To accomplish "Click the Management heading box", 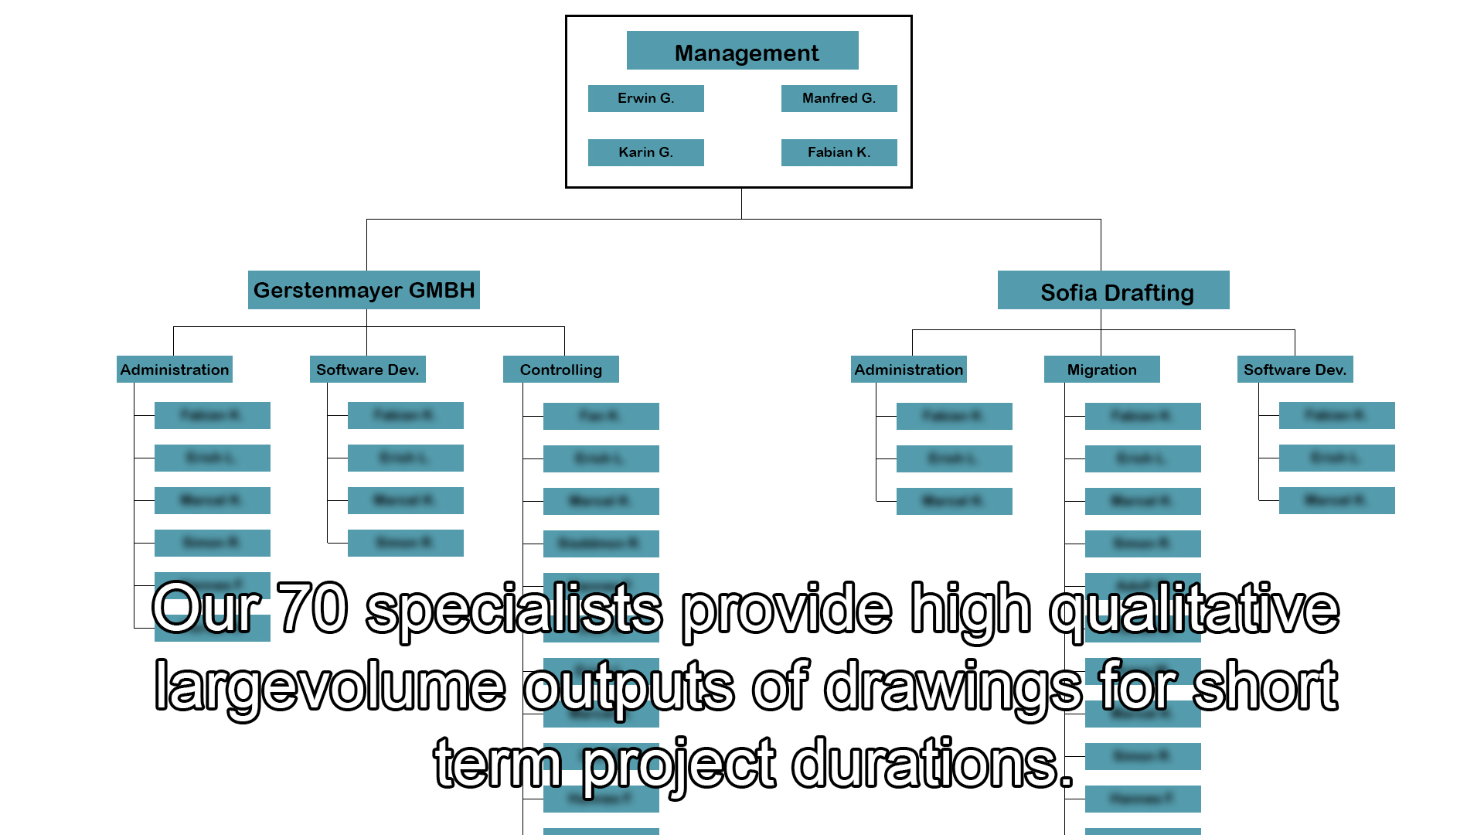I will click(x=742, y=51).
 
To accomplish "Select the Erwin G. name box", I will click(x=645, y=98).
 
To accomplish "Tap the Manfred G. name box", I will click(x=839, y=98).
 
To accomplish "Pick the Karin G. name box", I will click(x=645, y=152).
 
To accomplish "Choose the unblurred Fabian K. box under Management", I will click(x=839, y=152).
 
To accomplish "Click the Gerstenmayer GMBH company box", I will click(x=363, y=290).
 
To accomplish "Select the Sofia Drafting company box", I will click(x=1113, y=291).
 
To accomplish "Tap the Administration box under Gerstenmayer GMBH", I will click(x=175, y=370).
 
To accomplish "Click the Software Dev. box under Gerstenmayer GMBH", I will click(x=367, y=370).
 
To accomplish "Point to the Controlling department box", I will click(x=560, y=370).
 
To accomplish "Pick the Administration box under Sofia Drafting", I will click(x=908, y=370).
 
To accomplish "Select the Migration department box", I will click(x=1101, y=370).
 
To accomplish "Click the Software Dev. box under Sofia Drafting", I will click(x=1295, y=370).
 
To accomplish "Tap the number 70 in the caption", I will click(x=312, y=609).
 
